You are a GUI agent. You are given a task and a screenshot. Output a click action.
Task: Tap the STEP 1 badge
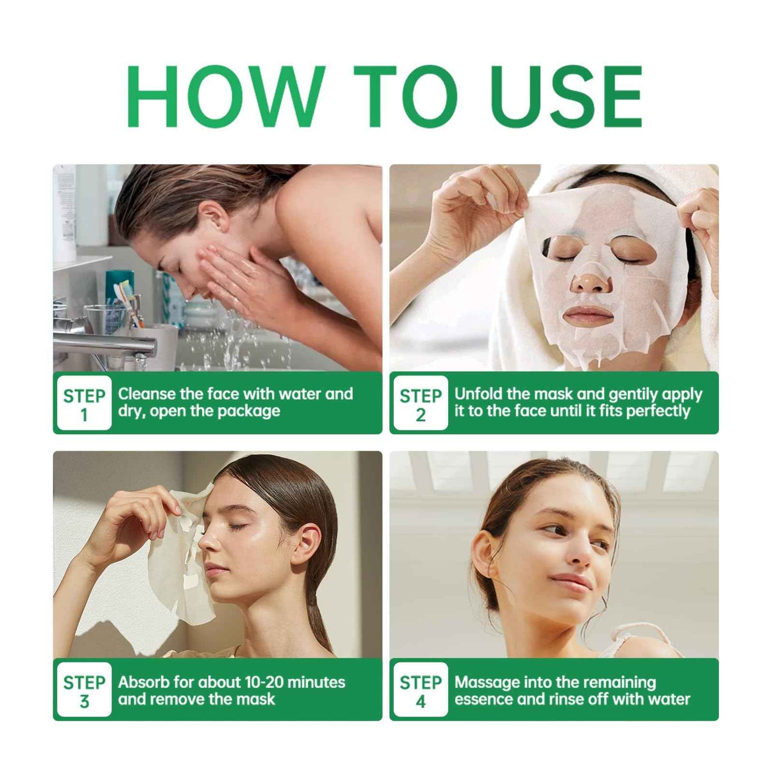tap(84, 403)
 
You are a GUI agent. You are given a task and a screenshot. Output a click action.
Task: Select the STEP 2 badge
tap(420, 403)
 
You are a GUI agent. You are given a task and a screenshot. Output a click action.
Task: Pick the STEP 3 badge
tap(84, 690)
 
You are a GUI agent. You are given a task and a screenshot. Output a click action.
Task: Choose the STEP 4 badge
tap(420, 690)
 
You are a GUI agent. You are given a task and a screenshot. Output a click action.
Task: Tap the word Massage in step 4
tap(487, 682)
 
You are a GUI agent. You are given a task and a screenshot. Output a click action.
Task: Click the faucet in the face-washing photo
tap(107, 342)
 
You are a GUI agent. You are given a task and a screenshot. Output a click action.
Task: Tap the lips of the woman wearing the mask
tap(587, 313)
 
